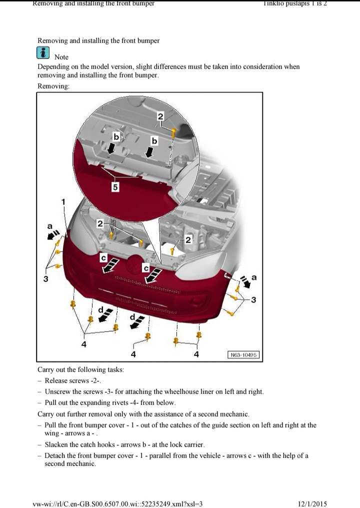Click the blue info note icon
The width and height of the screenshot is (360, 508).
[x=43, y=53]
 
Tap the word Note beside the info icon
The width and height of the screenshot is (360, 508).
[x=61, y=57]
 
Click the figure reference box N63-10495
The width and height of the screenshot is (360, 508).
[x=243, y=355]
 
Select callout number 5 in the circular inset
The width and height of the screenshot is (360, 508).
[x=115, y=187]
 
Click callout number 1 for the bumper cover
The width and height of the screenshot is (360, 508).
[x=63, y=202]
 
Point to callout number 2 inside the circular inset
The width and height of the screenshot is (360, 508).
[x=160, y=116]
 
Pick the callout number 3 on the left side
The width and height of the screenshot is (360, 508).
[x=46, y=278]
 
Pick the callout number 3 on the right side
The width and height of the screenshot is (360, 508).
[x=253, y=299]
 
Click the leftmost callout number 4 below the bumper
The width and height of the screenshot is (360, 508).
[x=84, y=344]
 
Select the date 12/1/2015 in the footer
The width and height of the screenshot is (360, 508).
[x=312, y=504]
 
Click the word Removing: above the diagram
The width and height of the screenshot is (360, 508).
[x=53, y=86]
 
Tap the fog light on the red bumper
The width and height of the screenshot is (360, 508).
[x=196, y=302]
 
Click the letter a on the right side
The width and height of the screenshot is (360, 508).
[x=254, y=277]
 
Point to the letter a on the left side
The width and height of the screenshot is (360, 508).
[x=49, y=226]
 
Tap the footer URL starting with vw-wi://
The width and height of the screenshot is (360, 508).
[x=117, y=504]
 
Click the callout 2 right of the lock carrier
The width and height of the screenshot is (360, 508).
[x=188, y=239]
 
